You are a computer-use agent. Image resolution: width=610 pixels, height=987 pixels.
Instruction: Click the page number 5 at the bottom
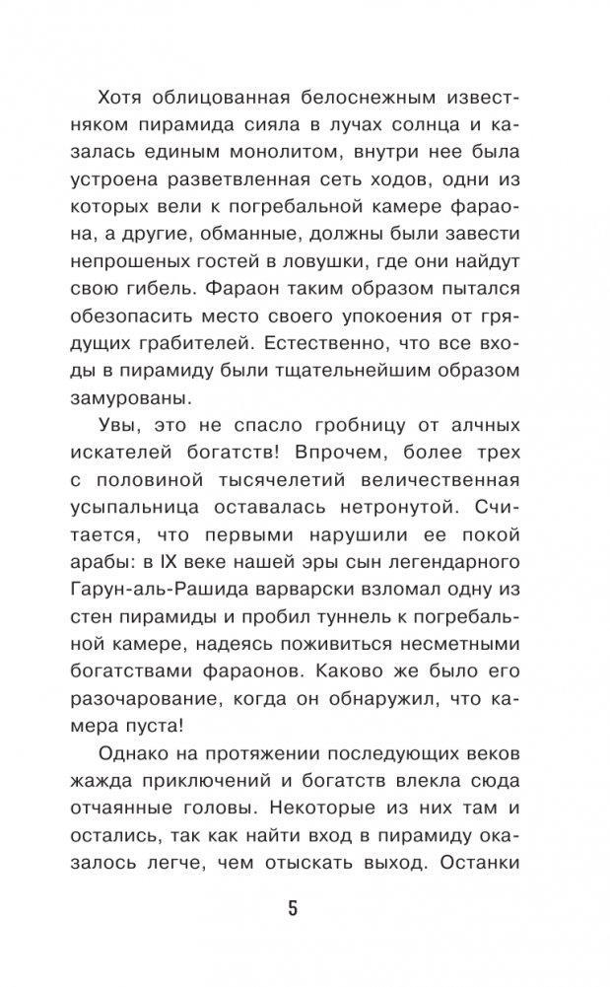tap(292, 907)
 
